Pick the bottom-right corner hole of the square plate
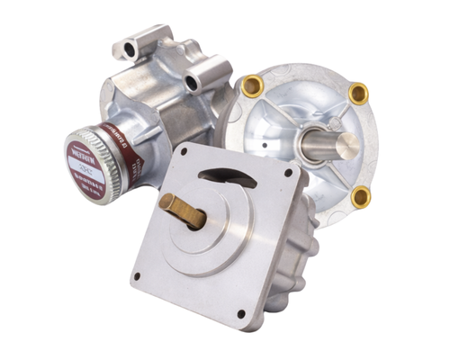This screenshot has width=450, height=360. (240, 313)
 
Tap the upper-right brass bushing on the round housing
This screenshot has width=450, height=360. (358, 93)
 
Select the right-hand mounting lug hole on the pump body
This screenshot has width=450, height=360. (193, 85)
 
